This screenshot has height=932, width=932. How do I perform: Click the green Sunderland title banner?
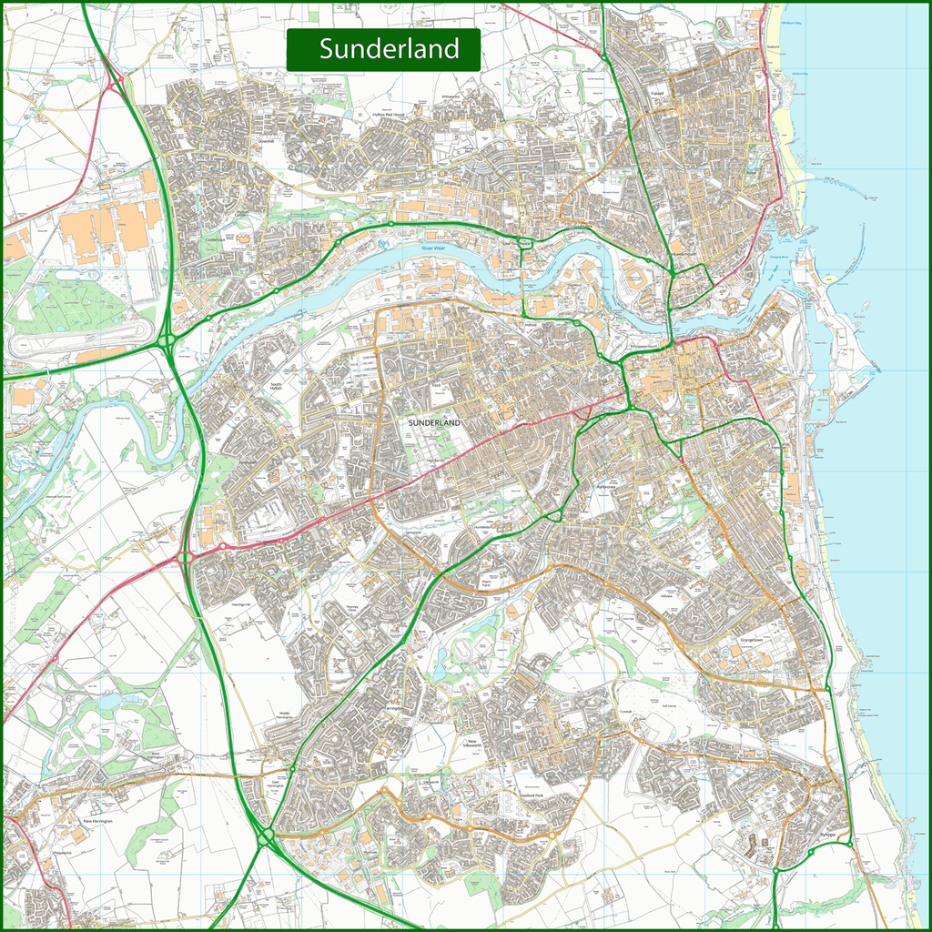[383, 49]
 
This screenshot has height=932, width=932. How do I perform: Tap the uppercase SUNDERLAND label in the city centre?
[435, 424]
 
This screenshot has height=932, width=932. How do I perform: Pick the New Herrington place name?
[101, 821]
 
